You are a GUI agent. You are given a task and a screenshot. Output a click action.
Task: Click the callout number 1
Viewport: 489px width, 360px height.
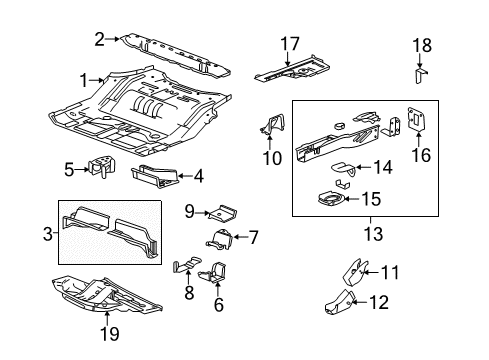pos(84,79)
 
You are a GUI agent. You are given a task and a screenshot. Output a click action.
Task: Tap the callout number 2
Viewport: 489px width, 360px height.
pos(99,39)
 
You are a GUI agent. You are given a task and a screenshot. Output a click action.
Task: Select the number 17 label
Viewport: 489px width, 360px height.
pos(289,43)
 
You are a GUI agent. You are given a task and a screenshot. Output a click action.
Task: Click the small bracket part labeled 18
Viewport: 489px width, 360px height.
pos(421,75)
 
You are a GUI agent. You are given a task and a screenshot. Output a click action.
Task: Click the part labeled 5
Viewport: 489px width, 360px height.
pos(102,167)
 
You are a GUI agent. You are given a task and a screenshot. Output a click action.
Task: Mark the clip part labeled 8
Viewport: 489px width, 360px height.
pos(183,268)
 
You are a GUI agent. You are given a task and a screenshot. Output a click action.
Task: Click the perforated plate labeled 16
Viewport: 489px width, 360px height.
pos(416,120)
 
